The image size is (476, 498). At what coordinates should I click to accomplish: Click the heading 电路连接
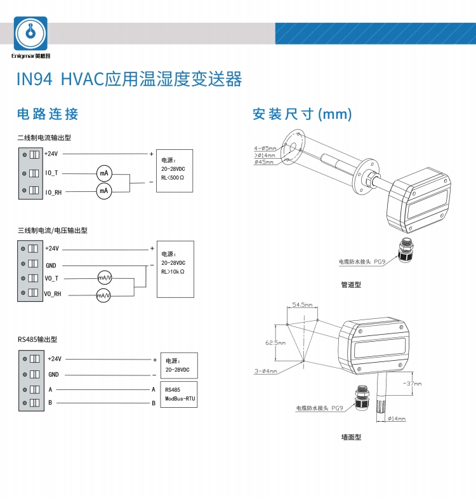[x=48, y=114]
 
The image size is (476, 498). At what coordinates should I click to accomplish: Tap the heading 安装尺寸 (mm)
[x=301, y=114]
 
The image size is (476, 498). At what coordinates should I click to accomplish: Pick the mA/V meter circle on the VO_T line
[x=104, y=278]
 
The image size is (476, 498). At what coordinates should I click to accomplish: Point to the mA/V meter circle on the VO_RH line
[x=103, y=295]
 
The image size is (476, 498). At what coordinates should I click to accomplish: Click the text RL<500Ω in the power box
[x=173, y=178]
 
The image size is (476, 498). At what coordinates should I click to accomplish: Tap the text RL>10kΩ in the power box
[x=173, y=271]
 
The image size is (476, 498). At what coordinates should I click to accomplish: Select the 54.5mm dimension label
[x=302, y=306]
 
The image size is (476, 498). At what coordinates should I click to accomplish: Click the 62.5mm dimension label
[x=275, y=342]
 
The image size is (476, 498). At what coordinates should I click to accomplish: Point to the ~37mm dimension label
[x=412, y=384]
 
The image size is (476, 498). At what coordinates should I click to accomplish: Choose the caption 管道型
[x=350, y=285]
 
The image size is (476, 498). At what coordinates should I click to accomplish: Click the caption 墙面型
[x=350, y=438]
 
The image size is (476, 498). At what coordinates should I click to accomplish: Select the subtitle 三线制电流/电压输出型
[x=53, y=231]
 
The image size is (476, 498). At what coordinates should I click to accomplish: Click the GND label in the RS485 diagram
[x=54, y=375]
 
